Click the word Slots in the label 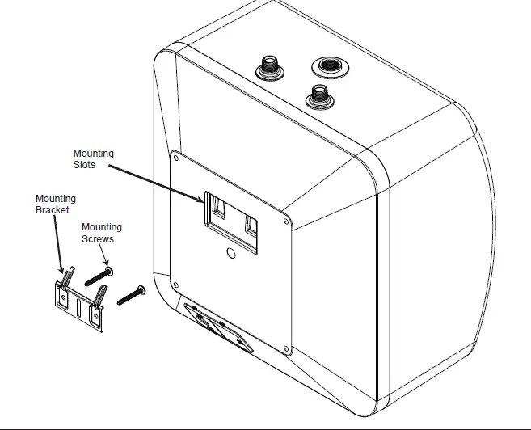coord(84,165)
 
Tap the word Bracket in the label coord(53,210)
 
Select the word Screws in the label coord(98,239)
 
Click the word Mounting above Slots coord(94,154)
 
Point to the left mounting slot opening coord(217,208)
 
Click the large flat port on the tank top coord(330,66)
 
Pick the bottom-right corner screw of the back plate coord(286,349)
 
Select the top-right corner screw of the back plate coord(286,218)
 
